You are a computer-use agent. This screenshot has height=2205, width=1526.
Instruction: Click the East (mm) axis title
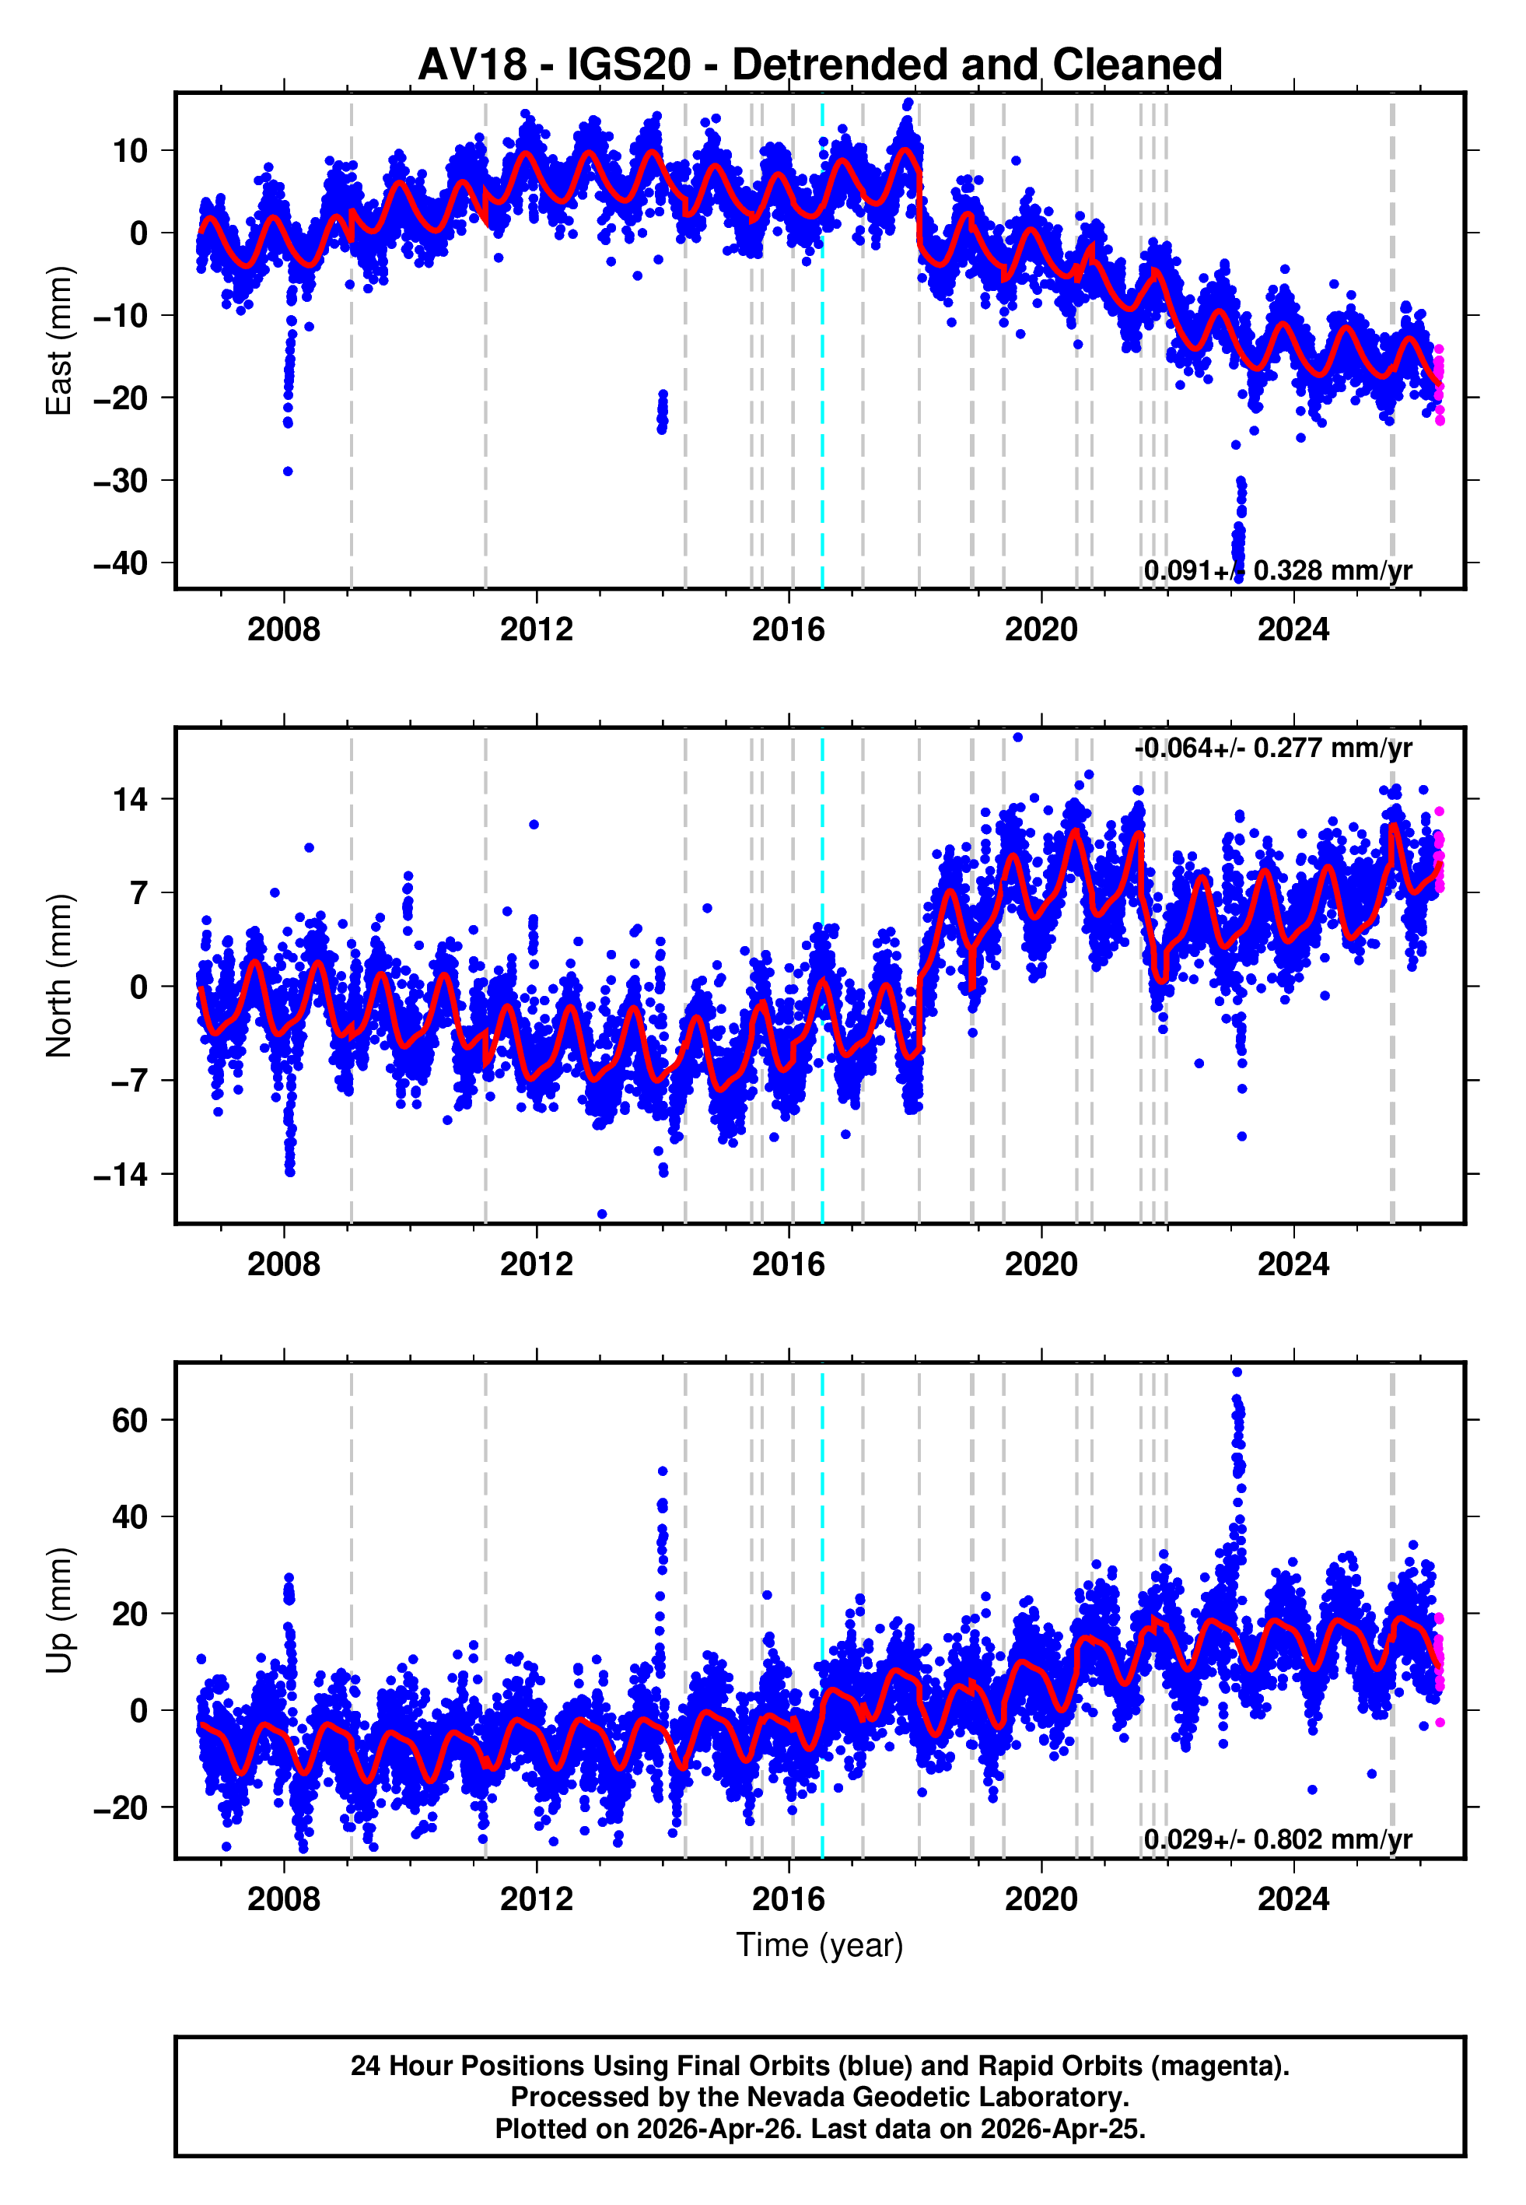point(59,341)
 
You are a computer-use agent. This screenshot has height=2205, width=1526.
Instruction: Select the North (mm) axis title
point(59,976)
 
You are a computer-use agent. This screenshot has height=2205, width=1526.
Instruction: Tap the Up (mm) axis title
point(59,1611)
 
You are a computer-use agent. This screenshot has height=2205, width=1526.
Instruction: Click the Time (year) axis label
point(820,1945)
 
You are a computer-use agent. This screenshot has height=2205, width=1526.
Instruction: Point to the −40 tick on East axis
point(121,563)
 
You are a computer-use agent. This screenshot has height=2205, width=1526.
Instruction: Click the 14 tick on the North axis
point(131,798)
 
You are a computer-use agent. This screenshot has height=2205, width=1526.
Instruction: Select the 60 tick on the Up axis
point(130,1420)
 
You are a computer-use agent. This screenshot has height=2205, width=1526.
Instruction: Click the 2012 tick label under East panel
point(537,629)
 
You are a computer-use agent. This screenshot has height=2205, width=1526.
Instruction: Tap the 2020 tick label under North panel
point(1041,1264)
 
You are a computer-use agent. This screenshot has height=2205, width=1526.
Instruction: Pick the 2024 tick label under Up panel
point(1293,1899)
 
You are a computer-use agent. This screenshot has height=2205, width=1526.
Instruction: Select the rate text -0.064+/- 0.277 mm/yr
point(1272,748)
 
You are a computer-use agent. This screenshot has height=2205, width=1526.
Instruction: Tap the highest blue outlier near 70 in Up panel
point(1237,1372)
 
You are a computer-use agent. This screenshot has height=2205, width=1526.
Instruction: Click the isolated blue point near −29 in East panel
point(288,471)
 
